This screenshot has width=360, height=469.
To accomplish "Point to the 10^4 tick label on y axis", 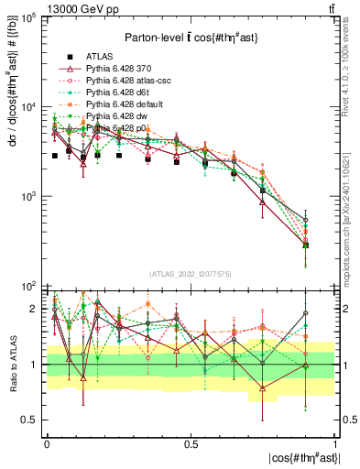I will tap(28, 107).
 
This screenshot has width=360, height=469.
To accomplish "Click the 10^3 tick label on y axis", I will tap(28, 197).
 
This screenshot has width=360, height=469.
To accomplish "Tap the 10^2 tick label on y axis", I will tap(28, 286).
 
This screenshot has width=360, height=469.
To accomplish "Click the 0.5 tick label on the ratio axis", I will tap(31, 420).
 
